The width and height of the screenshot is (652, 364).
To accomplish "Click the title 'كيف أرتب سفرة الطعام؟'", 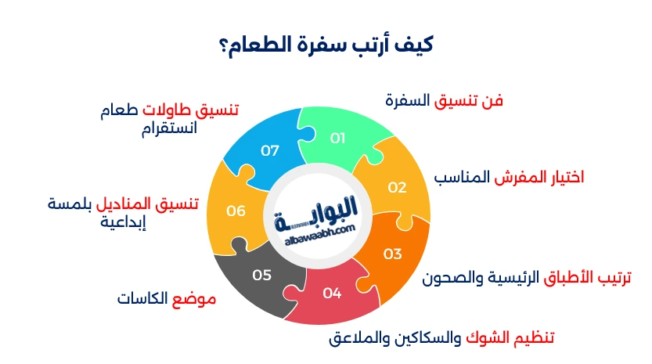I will (326, 43).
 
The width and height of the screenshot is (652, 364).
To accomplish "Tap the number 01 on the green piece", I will (337, 139).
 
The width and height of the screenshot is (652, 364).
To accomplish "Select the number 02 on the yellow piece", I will (397, 187).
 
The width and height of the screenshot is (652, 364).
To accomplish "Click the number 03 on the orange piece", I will (392, 254).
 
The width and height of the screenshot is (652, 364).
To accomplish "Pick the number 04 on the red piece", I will (332, 294).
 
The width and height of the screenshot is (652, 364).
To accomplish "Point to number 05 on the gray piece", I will (261, 274).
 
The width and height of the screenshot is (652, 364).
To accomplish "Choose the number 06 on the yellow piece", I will (236, 211).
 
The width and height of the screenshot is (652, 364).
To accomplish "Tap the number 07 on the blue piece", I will (270, 150).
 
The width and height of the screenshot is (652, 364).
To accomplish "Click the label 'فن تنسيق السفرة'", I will (444, 101).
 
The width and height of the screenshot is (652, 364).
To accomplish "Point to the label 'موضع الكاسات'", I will (166, 299).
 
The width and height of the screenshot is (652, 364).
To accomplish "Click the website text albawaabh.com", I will (316, 229).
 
